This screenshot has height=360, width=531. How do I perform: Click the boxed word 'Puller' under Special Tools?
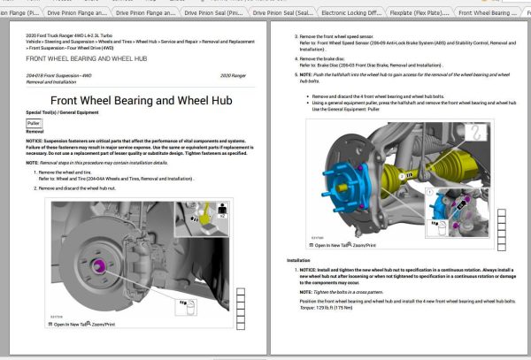tap(35, 123)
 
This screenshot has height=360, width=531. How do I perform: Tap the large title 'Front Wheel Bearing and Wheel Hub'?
tap(141, 100)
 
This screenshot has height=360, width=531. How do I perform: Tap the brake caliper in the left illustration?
tap(133, 257)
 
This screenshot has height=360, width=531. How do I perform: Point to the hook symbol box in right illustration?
tap(478, 134)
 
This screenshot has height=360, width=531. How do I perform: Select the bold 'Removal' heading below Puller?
tap(35, 132)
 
